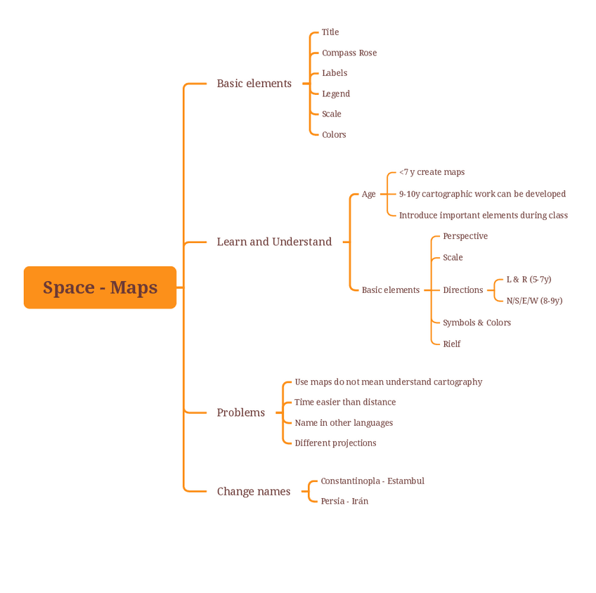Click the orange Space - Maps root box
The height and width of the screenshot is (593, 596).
pyautogui.click(x=100, y=287)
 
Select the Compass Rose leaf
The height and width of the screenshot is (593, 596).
pyautogui.click(x=349, y=53)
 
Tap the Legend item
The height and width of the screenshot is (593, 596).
pyautogui.click(x=336, y=93)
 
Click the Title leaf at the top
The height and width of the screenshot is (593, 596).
pyautogui.click(x=330, y=32)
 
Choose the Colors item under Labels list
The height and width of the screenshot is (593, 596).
pyautogui.click(x=334, y=134)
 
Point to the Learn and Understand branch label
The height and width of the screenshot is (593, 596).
pyautogui.click(x=274, y=242)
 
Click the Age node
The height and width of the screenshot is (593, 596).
pyautogui.click(x=369, y=194)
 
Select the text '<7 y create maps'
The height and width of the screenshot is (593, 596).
pyautogui.click(x=432, y=172)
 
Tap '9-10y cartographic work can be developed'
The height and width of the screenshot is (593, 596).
pyautogui.click(x=482, y=194)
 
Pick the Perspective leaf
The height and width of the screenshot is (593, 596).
pyautogui.click(x=465, y=236)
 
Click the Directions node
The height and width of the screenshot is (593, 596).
pyautogui.click(x=463, y=289)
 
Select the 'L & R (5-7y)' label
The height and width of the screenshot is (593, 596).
pyautogui.click(x=529, y=279)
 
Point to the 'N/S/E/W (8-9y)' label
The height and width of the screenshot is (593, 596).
pyautogui.click(x=534, y=301)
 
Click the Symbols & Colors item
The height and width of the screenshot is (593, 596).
pyautogui.click(x=477, y=322)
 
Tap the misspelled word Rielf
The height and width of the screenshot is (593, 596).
pyautogui.click(x=452, y=344)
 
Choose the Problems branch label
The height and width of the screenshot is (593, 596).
pyautogui.click(x=241, y=412)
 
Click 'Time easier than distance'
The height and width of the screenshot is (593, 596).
pyautogui.click(x=345, y=402)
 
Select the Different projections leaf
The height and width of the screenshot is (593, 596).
pyautogui.click(x=335, y=443)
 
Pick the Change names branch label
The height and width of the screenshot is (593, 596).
pyautogui.click(x=254, y=491)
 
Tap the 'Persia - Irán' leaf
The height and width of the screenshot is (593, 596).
pyautogui.click(x=344, y=501)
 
